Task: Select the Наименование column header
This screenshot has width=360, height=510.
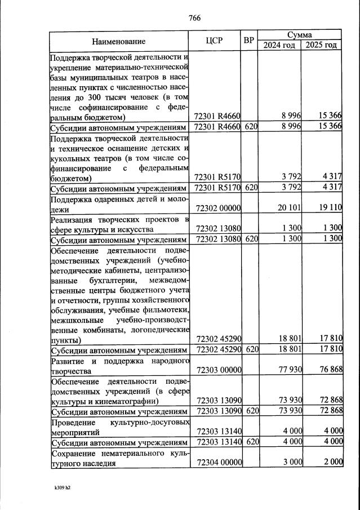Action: click(x=119, y=41)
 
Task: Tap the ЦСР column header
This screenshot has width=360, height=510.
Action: click(x=216, y=41)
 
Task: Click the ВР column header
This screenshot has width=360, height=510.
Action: click(x=249, y=41)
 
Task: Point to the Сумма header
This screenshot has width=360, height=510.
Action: click(x=300, y=35)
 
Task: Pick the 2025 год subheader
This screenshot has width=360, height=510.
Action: click(x=321, y=45)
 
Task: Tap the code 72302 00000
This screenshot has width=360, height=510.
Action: click(x=217, y=208)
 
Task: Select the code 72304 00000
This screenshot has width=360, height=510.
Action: click(x=217, y=463)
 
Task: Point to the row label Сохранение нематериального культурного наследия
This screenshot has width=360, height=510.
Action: click(x=118, y=458)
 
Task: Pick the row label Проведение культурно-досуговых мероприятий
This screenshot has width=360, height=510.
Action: click(x=118, y=427)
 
